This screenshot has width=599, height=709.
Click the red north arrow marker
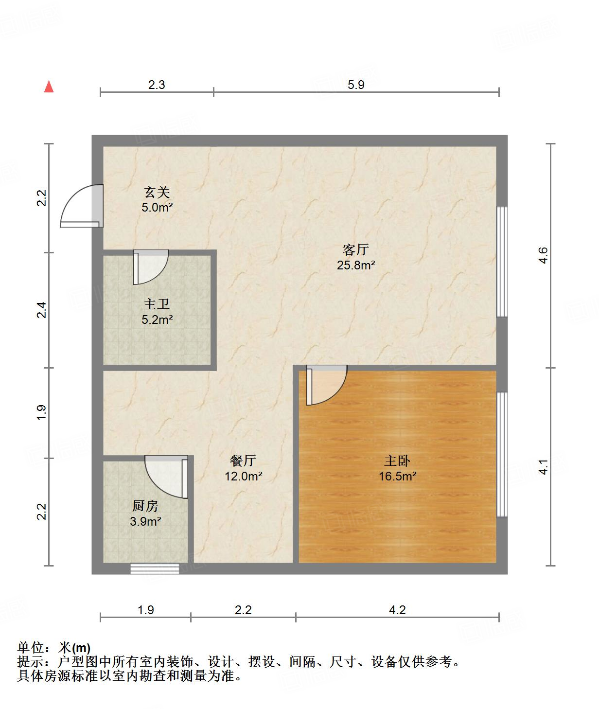coord(49,87)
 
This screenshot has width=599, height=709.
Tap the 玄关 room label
coord(157,193)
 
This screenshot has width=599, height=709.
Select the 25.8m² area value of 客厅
coord(356,266)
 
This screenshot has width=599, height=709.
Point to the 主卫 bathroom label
coord(157,304)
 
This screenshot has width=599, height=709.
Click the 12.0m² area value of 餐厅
coord(243,477)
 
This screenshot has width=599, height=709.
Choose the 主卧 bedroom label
coord(397,461)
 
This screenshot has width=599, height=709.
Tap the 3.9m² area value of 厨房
coord(145,522)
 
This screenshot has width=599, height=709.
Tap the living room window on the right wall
coord(502,262)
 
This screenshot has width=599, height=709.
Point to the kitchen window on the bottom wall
coord(155,568)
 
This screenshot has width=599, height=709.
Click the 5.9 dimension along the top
coord(356,85)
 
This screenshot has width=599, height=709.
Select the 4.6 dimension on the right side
coord(543,255)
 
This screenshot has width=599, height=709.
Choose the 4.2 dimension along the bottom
coord(397,610)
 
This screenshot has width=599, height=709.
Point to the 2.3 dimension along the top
coord(157,85)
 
